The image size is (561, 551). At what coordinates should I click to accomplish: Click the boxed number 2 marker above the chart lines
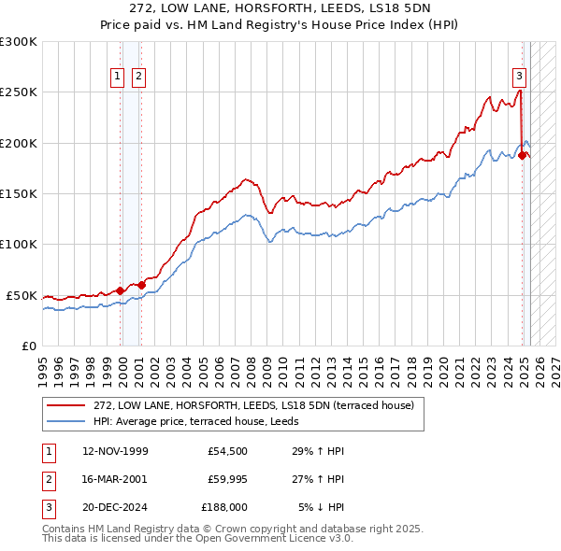138,77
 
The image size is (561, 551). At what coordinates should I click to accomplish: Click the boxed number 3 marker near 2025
519,77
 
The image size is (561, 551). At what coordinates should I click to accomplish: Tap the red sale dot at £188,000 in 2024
522,156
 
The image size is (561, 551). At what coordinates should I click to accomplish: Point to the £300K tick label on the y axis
18,42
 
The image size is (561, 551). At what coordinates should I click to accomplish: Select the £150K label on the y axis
18,194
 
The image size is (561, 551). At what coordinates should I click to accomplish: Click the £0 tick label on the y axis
29,346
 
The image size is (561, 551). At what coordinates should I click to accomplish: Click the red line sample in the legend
66,406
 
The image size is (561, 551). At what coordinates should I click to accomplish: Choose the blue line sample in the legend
66,422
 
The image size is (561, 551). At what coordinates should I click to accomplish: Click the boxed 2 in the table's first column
48,478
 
